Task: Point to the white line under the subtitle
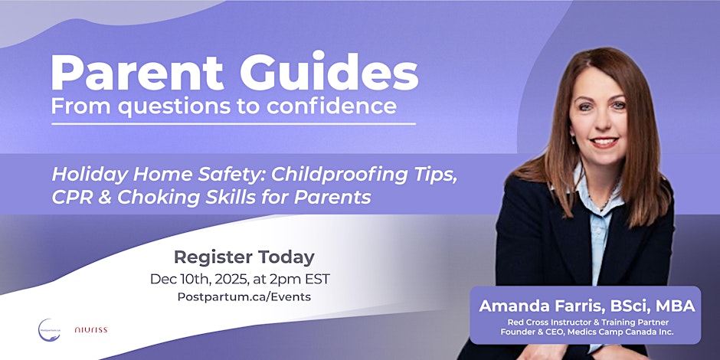[x=234, y=123]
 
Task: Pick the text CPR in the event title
[x=72, y=197]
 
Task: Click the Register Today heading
[x=244, y=257]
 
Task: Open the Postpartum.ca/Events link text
[x=244, y=297]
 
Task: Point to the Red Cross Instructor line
[x=586, y=322]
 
